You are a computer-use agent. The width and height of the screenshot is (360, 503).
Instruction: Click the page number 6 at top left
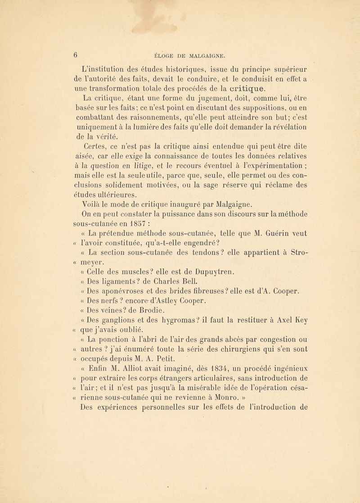52,43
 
